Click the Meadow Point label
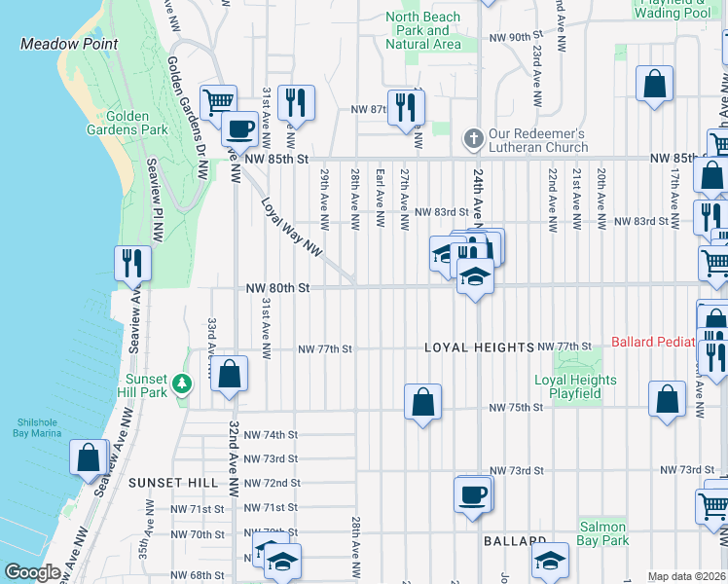pyautogui.click(x=69, y=44)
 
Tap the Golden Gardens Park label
pyautogui.click(x=136, y=123)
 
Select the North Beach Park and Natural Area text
pyautogui.click(x=423, y=30)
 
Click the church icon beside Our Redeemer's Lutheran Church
pyautogui.click(x=474, y=137)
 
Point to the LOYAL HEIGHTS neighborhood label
pyautogui.click(x=479, y=347)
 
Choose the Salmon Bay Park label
pyautogui.click(x=602, y=533)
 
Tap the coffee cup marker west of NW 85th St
pyautogui.click(x=238, y=128)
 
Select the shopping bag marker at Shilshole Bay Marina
pyautogui.click(x=89, y=457)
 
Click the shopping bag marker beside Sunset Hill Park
pyautogui.click(x=229, y=374)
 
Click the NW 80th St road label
pyautogui.click(x=277, y=288)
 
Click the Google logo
pyautogui.click(x=32, y=572)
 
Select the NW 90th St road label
pyautogui.click(x=516, y=37)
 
